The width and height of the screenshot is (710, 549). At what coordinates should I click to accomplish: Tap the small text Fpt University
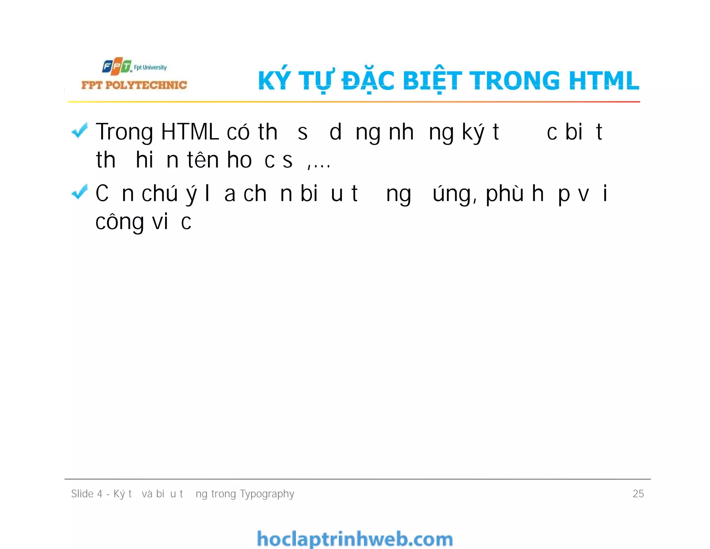pos(150,67)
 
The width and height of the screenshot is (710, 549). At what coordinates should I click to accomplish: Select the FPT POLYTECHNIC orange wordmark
pos(134,85)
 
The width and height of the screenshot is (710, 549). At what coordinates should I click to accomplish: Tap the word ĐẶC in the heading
pos(368,81)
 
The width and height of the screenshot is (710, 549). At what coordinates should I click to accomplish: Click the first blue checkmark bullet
pos(79,131)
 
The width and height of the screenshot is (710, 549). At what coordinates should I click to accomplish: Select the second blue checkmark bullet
pos(79,192)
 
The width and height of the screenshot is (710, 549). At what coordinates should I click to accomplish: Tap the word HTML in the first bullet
pos(190,132)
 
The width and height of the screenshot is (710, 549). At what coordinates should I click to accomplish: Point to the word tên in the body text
pos(203,160)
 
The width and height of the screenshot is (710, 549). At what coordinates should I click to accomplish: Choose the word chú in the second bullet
pos(160,194)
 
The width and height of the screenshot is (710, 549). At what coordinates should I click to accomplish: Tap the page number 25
pos(638,494)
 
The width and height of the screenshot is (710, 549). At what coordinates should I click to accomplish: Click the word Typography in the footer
pos(267,494)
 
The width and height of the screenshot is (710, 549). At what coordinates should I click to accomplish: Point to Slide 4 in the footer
pos(87,494)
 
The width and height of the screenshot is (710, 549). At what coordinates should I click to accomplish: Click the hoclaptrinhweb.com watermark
pos(355,539)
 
